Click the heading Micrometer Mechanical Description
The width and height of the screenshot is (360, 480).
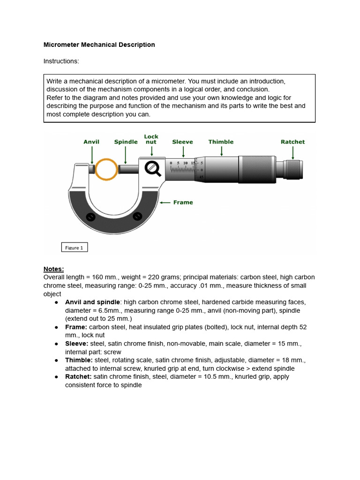pos(99,45)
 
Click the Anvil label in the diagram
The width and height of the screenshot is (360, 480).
pos(91,142)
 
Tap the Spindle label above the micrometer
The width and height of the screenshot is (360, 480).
pos(126,142)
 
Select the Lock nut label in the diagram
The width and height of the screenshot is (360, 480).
pos(151,139)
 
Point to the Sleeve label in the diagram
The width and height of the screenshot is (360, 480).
pos(182,142)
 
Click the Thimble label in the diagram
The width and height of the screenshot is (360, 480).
pos(221,142)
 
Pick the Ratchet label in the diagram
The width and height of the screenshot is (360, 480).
pos(292,142)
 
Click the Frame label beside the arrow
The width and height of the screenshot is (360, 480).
pos(183,202)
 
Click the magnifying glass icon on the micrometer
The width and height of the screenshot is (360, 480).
pos(152,168)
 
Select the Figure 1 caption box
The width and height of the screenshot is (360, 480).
pos(75,247)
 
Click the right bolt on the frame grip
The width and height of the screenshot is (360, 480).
pos(137,216)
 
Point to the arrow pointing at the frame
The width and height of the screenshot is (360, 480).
pos(165,202)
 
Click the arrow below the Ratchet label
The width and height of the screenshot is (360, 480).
pos(293,152)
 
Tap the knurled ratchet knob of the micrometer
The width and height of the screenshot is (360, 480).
pos(293,169)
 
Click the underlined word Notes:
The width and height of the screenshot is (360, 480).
pos(53,269)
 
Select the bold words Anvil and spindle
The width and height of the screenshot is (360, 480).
pos(92,302)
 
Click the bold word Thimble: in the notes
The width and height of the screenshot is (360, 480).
pos(79,360)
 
